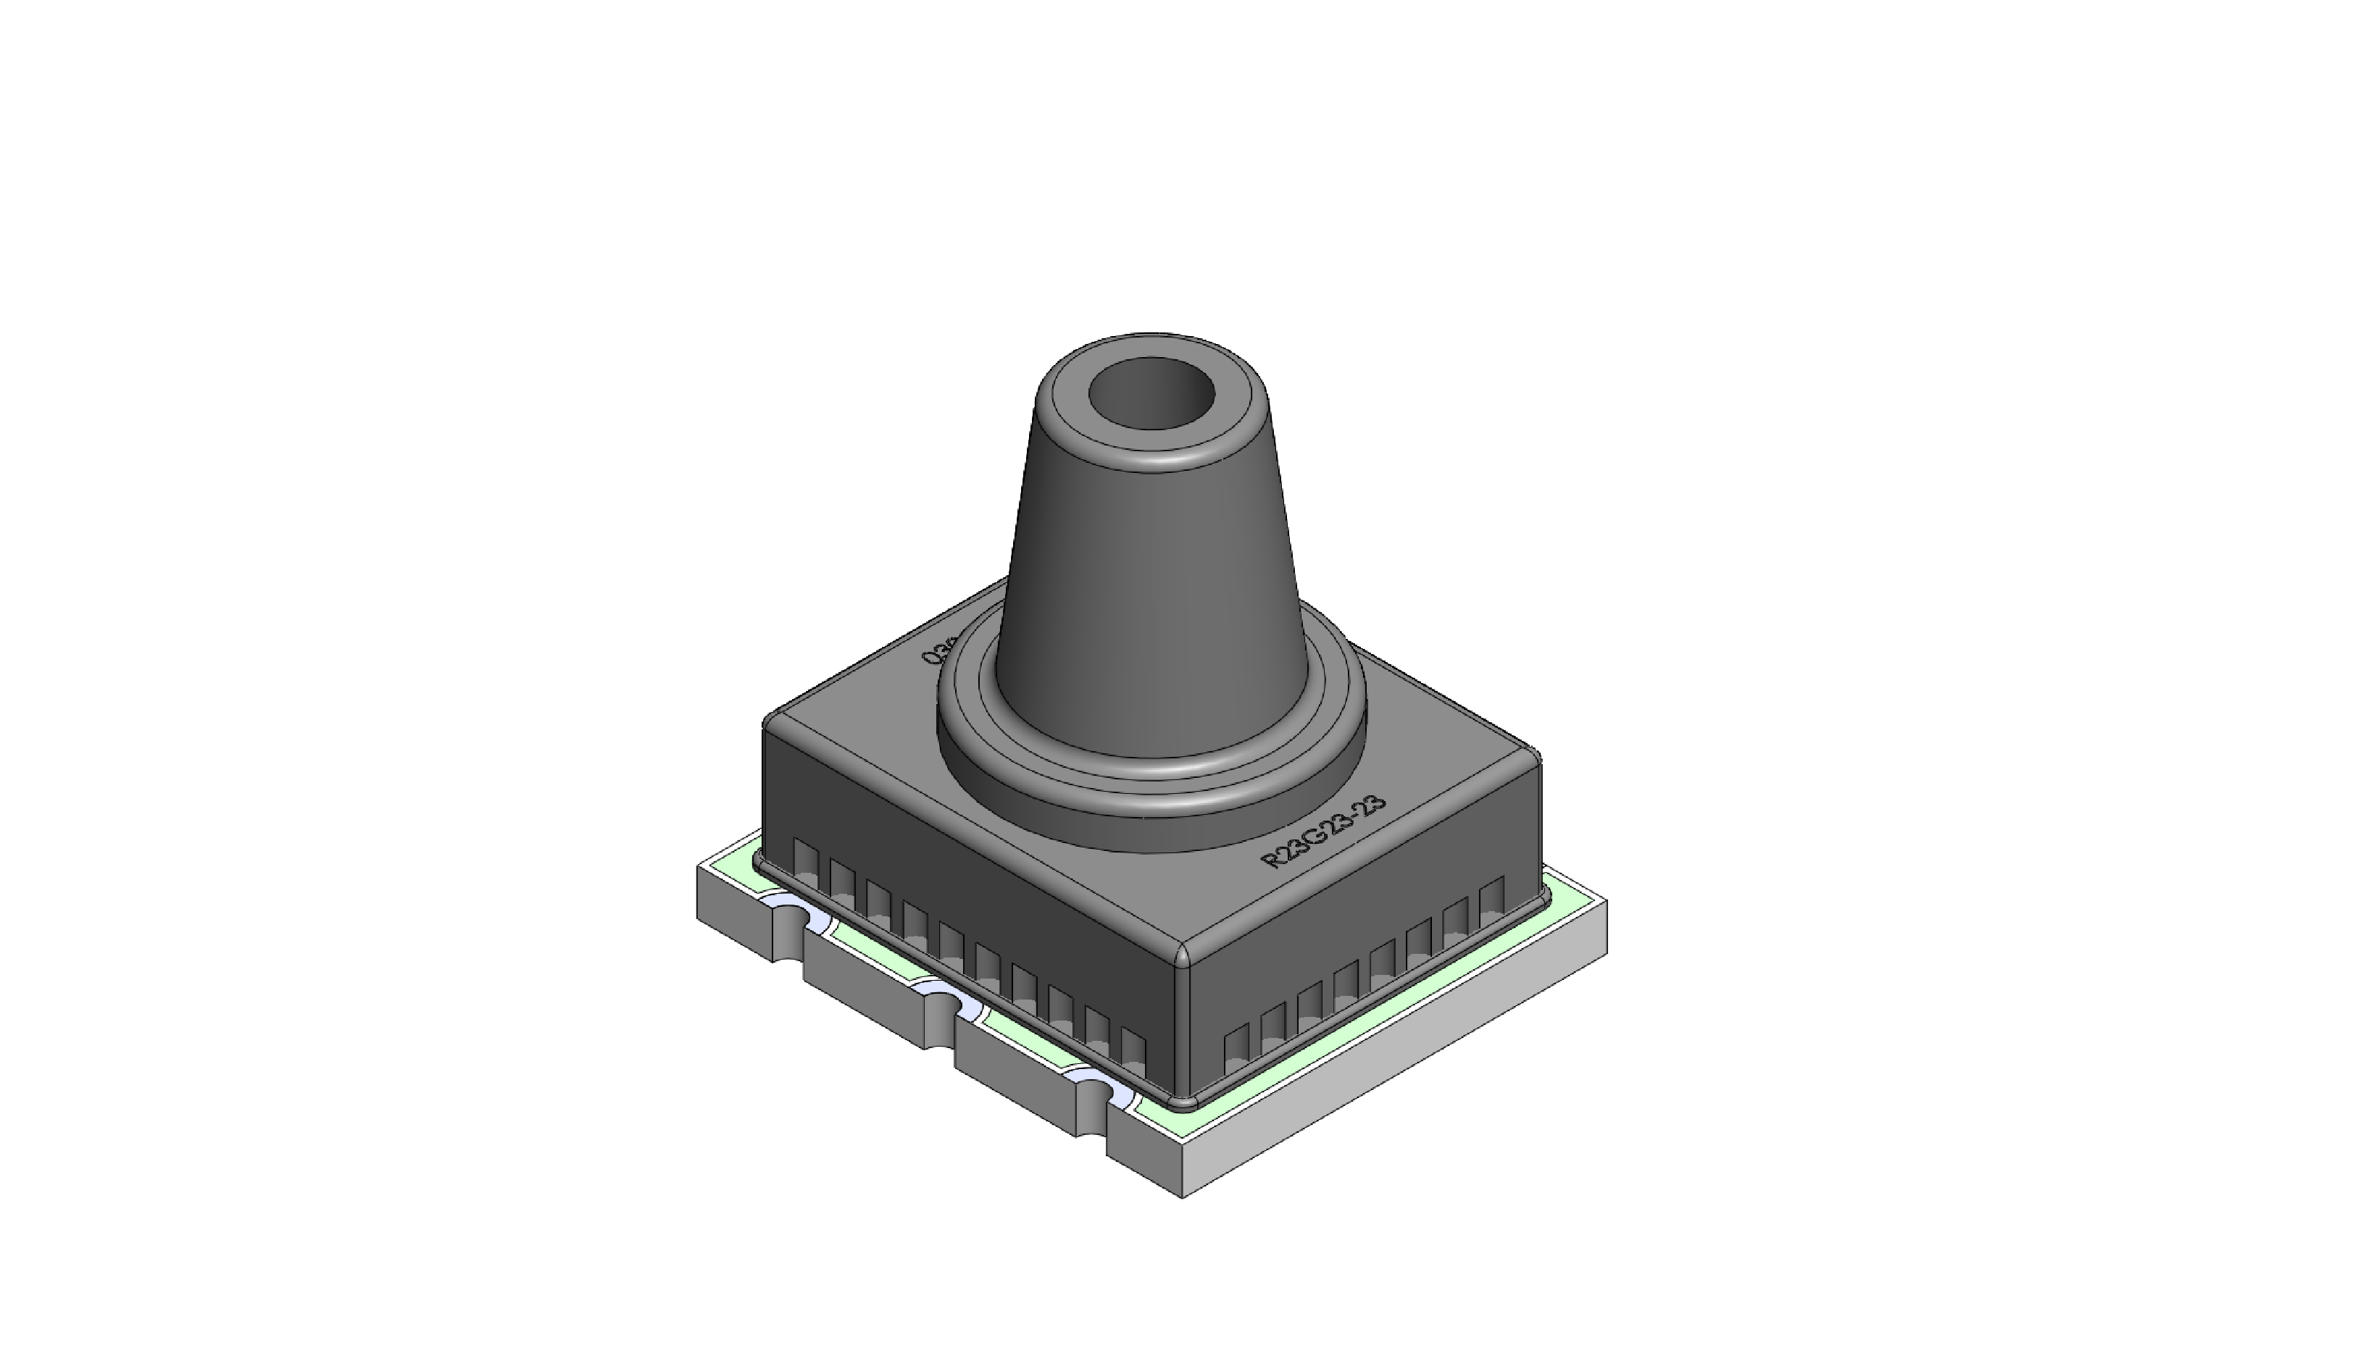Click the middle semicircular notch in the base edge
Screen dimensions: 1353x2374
tap(941, 1004)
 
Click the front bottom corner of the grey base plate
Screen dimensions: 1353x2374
tap(1183, 1195)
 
